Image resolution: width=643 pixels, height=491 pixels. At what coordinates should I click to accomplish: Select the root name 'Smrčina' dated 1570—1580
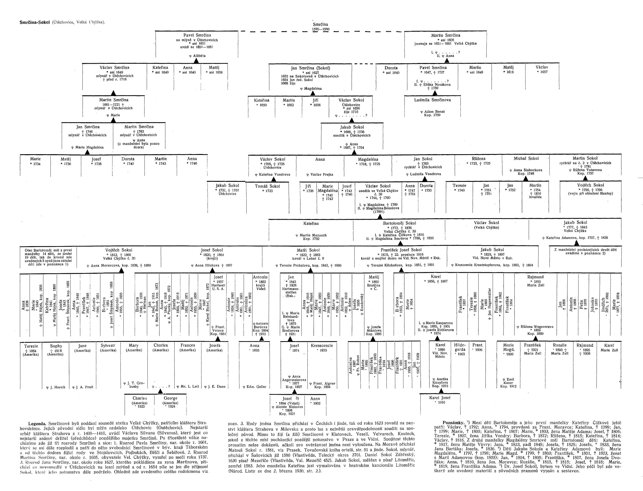pyautogui.click(x=320, y=24)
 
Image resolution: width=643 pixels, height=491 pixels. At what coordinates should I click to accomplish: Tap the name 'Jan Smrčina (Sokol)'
pyautogui.click(x=310, y=68)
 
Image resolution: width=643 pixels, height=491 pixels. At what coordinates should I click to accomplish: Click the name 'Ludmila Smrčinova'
pyautogui.click(x=432, y=100)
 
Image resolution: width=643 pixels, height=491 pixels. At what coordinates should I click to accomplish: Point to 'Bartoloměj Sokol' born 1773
pyautogui.click(x=399, y=223)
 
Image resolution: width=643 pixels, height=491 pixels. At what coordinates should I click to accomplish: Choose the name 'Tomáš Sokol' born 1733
pyautogui.click(x=267, y=186)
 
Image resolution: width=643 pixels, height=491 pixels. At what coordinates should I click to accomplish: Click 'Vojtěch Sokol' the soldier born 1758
pyautogui.click(x=590, y=185)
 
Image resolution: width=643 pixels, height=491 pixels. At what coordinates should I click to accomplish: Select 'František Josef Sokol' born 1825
pyautogui.click(x=401, y=250)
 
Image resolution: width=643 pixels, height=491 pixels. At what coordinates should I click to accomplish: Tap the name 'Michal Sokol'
pyautogui.click(x=526, y=158)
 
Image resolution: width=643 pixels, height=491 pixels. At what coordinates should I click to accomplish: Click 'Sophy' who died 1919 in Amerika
pyautogui.click(x=56, y=346)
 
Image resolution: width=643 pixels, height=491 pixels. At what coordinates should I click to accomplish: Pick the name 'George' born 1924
pyautogui.click(x=170, y=398)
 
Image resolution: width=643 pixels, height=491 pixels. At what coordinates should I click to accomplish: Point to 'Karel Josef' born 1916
pyautogui.click(x=440, y=397)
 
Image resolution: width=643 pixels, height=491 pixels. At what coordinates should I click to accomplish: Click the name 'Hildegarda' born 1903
pyautogui.click(x=460, y=347)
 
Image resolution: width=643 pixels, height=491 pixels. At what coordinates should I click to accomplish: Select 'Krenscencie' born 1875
pyautogui.click(x=322, y=346)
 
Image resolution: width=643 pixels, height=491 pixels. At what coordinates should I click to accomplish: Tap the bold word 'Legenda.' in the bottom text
pyautogui.click(x=37, y=423)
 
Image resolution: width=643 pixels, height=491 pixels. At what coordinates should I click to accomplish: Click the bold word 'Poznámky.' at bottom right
pyautogui.click(x=454, y=423)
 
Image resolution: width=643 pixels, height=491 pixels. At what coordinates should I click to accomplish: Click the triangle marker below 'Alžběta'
pyautogui.click(x=196, y=61)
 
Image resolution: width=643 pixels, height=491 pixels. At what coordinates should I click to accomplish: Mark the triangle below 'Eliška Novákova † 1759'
pyautogui.click(x=435, y=93)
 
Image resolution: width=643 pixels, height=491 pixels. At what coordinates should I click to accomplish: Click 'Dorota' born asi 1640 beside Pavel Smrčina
pyautogui.click(x=391, y=68)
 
